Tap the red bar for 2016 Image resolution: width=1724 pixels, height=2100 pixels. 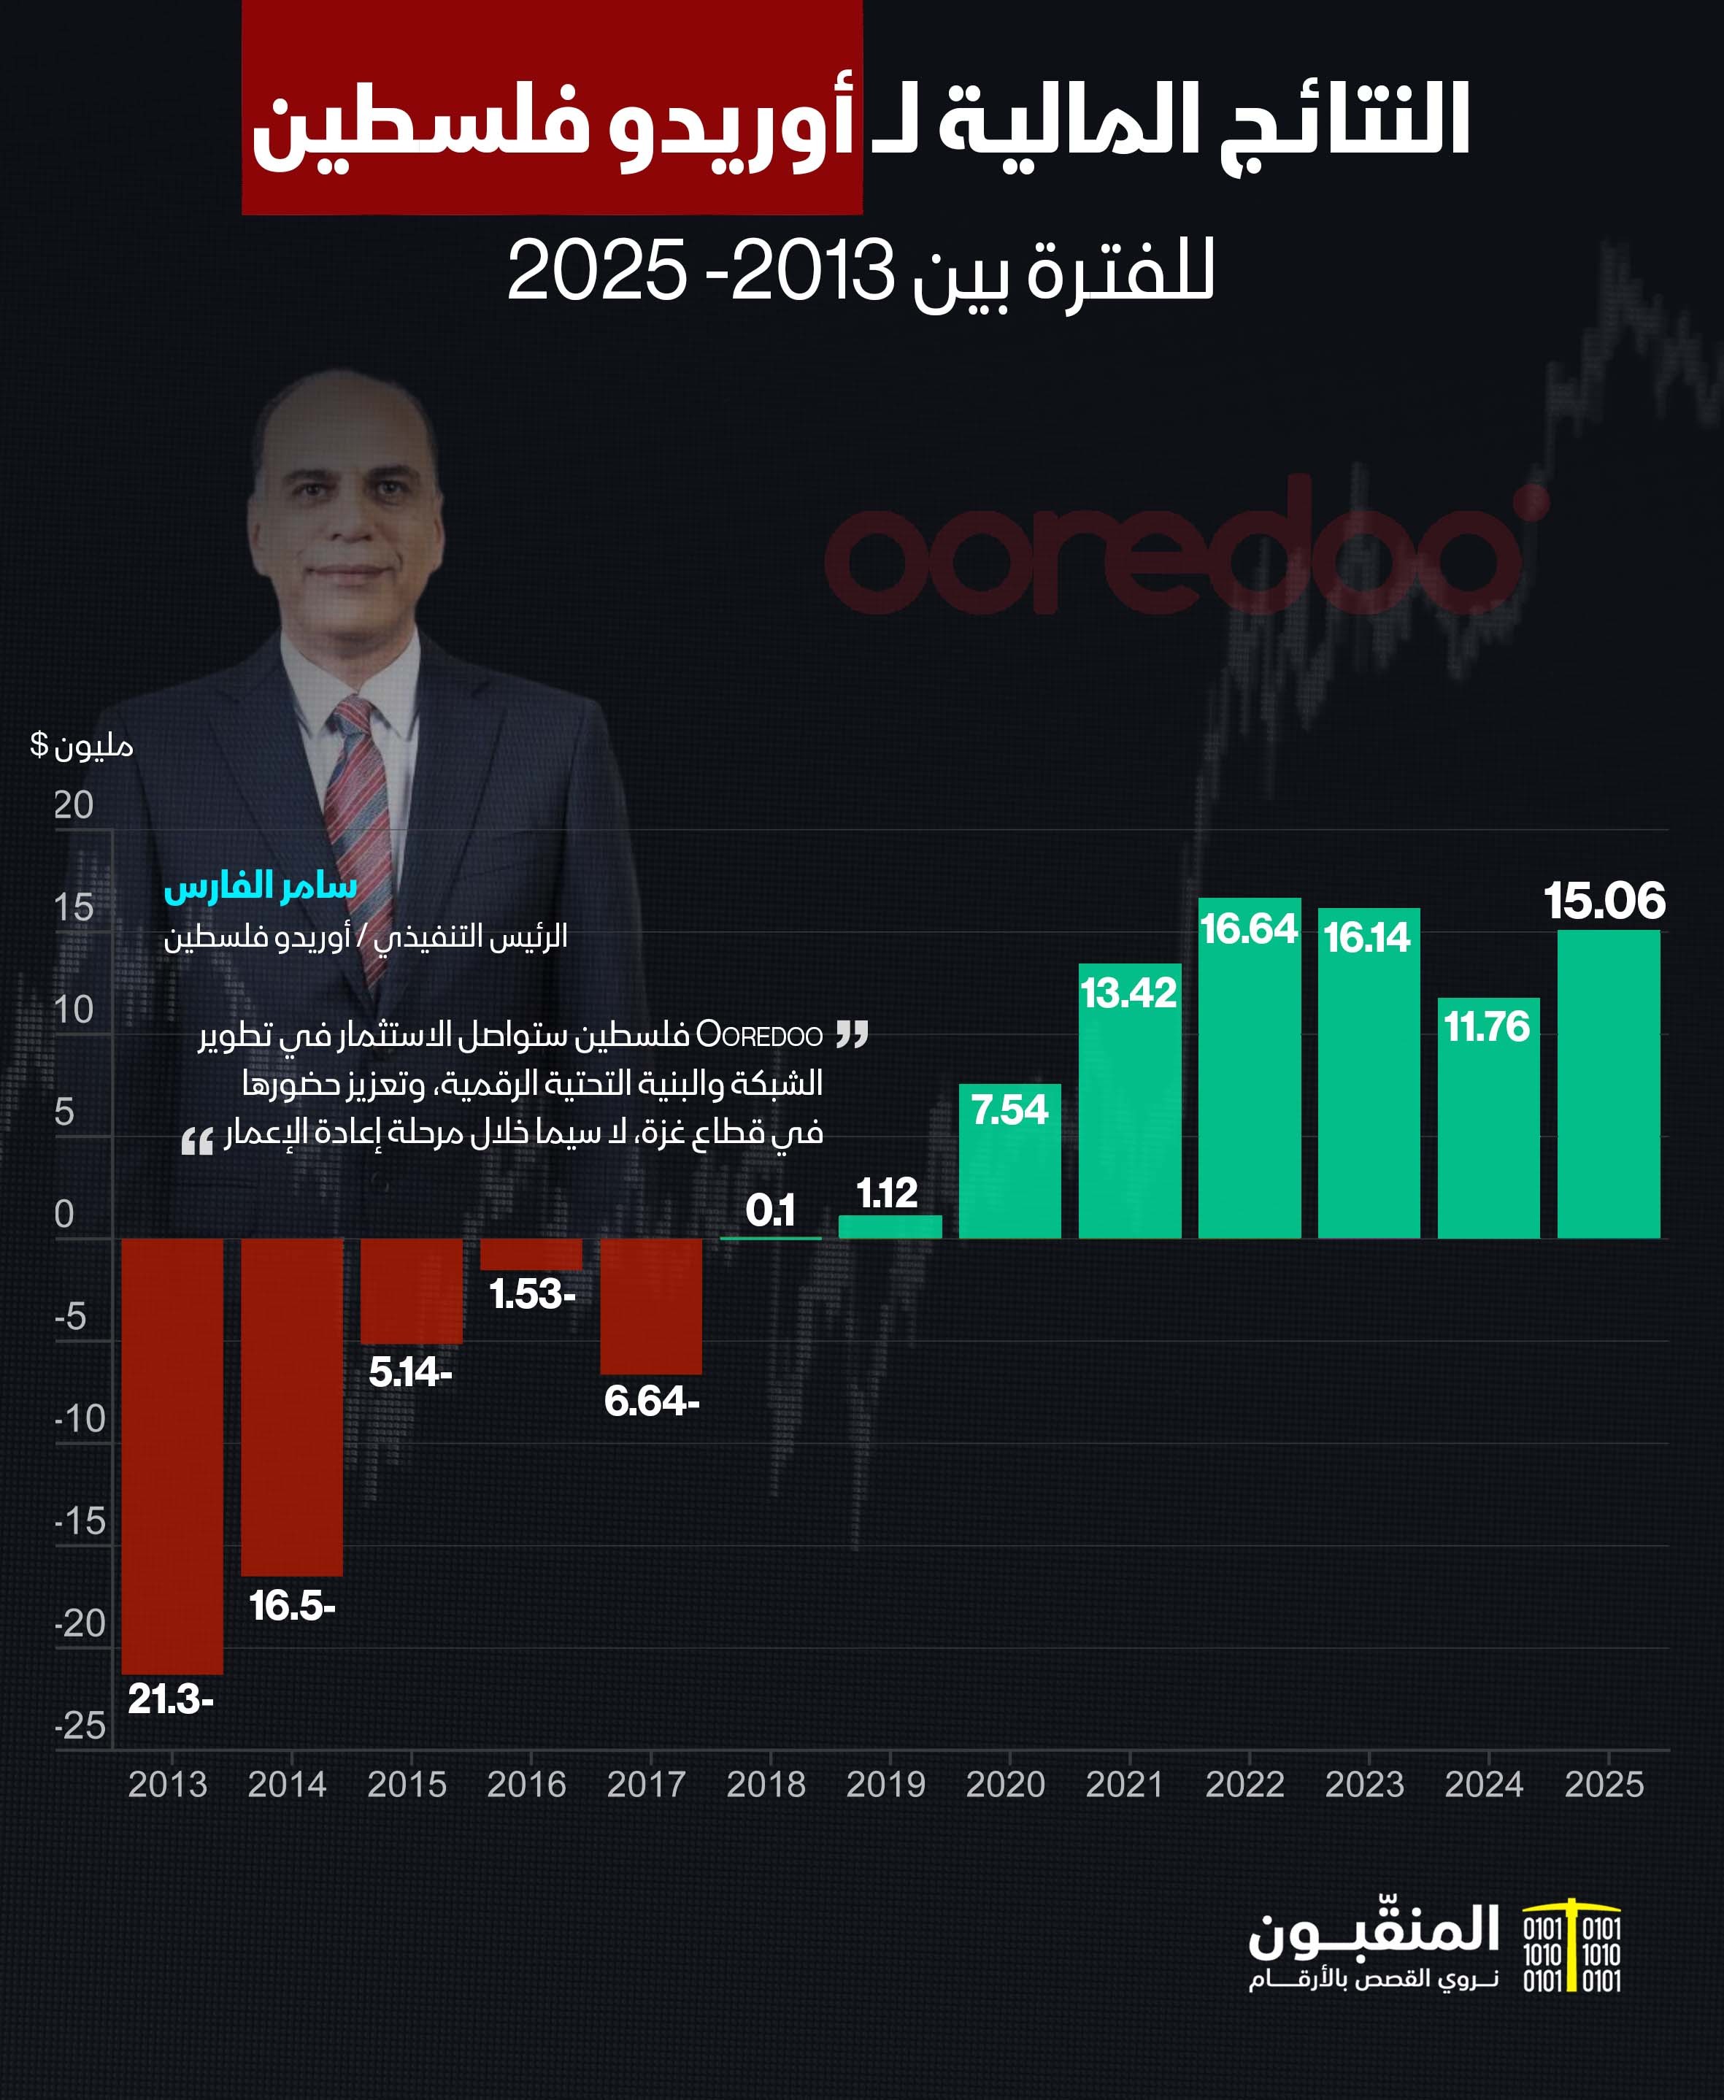click(531, 1254)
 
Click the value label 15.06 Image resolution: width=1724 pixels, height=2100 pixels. click(1604, 901)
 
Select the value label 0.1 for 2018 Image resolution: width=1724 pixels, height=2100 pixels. click(771, 1210)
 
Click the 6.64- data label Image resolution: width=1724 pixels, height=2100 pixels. click(652, 1401)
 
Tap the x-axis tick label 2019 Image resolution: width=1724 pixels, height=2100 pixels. click(886, 1784)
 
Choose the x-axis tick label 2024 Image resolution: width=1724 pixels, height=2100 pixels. click(1484, 1784)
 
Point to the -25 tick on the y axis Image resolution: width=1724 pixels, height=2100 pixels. click(80, 1726)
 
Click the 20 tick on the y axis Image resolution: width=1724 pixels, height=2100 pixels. click(74, 805)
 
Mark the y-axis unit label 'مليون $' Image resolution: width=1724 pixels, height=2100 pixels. click(82, 745)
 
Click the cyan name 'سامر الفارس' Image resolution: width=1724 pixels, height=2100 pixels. click(260, 885)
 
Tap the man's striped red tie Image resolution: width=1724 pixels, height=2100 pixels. click(360, 814)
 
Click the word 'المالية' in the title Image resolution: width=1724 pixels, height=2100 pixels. click(1053, 122)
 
